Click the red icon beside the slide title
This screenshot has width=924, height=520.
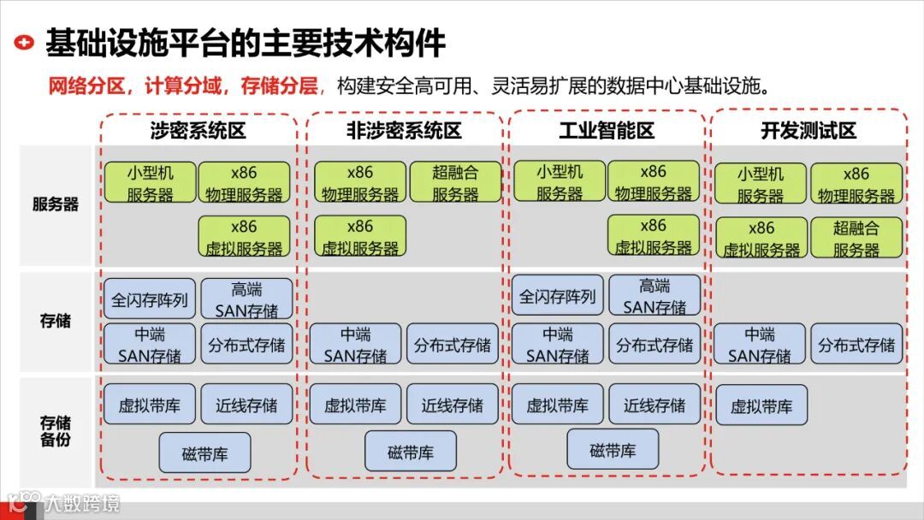pos(27,41)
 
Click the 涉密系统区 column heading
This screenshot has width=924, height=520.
pos(198,131)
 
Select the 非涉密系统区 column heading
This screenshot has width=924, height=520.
pos(404,131)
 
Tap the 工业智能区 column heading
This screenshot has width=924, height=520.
pos(607,131)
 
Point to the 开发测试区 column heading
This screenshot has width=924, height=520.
pos(808,131)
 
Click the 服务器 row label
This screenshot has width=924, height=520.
pos(56,204)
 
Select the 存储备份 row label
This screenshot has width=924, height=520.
pos(56,431)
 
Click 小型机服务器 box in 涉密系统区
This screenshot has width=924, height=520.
pos(151,182)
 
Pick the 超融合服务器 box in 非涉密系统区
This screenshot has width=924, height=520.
pos(455,182)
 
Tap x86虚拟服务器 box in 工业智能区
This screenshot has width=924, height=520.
pos(654,236)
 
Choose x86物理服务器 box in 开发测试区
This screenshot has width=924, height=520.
pos(856,184)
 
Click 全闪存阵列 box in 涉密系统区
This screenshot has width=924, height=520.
pos(150,299)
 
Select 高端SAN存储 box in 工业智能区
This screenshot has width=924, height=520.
pos(654,296)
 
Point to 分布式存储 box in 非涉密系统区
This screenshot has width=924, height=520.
pos(453,344)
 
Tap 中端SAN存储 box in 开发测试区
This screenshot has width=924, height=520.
pos(760,344)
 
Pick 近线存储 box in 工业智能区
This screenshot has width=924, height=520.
pos(654,405)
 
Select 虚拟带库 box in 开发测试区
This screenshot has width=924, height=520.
pos(761,406)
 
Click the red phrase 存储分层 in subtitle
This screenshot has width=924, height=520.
pos(279,86)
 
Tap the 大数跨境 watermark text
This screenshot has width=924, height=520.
pos(82,502)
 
